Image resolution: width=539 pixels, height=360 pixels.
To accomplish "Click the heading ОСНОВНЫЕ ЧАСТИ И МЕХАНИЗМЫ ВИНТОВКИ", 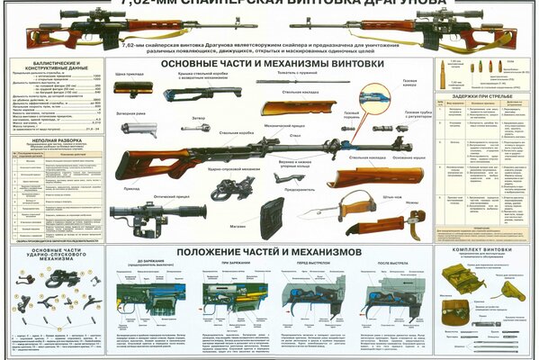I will [x=270, y=65].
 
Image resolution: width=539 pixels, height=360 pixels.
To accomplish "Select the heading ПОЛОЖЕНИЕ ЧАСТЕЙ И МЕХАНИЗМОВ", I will [x=269, y=250].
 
